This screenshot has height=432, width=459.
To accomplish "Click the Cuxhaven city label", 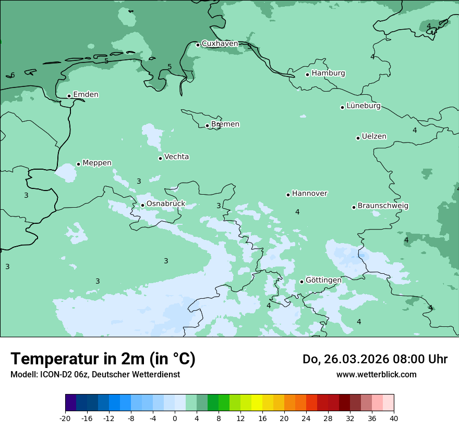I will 220,44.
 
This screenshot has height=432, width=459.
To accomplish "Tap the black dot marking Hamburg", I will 308,74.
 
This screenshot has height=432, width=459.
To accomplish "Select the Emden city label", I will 86,95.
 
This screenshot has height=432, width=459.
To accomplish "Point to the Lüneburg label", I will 363,106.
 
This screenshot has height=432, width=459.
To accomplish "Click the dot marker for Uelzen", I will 358,138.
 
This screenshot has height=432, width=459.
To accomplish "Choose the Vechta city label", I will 176,157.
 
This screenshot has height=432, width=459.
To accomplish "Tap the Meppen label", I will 96,163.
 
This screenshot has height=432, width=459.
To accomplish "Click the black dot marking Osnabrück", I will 142,205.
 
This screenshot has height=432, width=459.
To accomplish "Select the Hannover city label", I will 309,194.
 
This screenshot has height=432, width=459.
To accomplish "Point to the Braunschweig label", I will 382,206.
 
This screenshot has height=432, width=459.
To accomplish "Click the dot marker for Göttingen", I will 301,282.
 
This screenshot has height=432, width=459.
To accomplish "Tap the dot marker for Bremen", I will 207,125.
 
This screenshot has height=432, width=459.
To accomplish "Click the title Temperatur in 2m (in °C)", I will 103,359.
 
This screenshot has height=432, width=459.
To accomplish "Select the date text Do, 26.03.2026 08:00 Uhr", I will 375,359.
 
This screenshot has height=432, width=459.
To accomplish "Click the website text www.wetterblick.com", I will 376,374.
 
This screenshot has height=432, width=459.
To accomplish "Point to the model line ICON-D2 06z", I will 95,374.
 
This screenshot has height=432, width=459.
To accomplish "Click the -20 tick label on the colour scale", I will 65,418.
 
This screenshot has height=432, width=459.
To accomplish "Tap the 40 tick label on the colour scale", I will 394,418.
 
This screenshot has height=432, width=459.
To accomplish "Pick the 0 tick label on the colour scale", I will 175,418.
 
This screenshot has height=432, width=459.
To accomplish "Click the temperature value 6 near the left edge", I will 13,75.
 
